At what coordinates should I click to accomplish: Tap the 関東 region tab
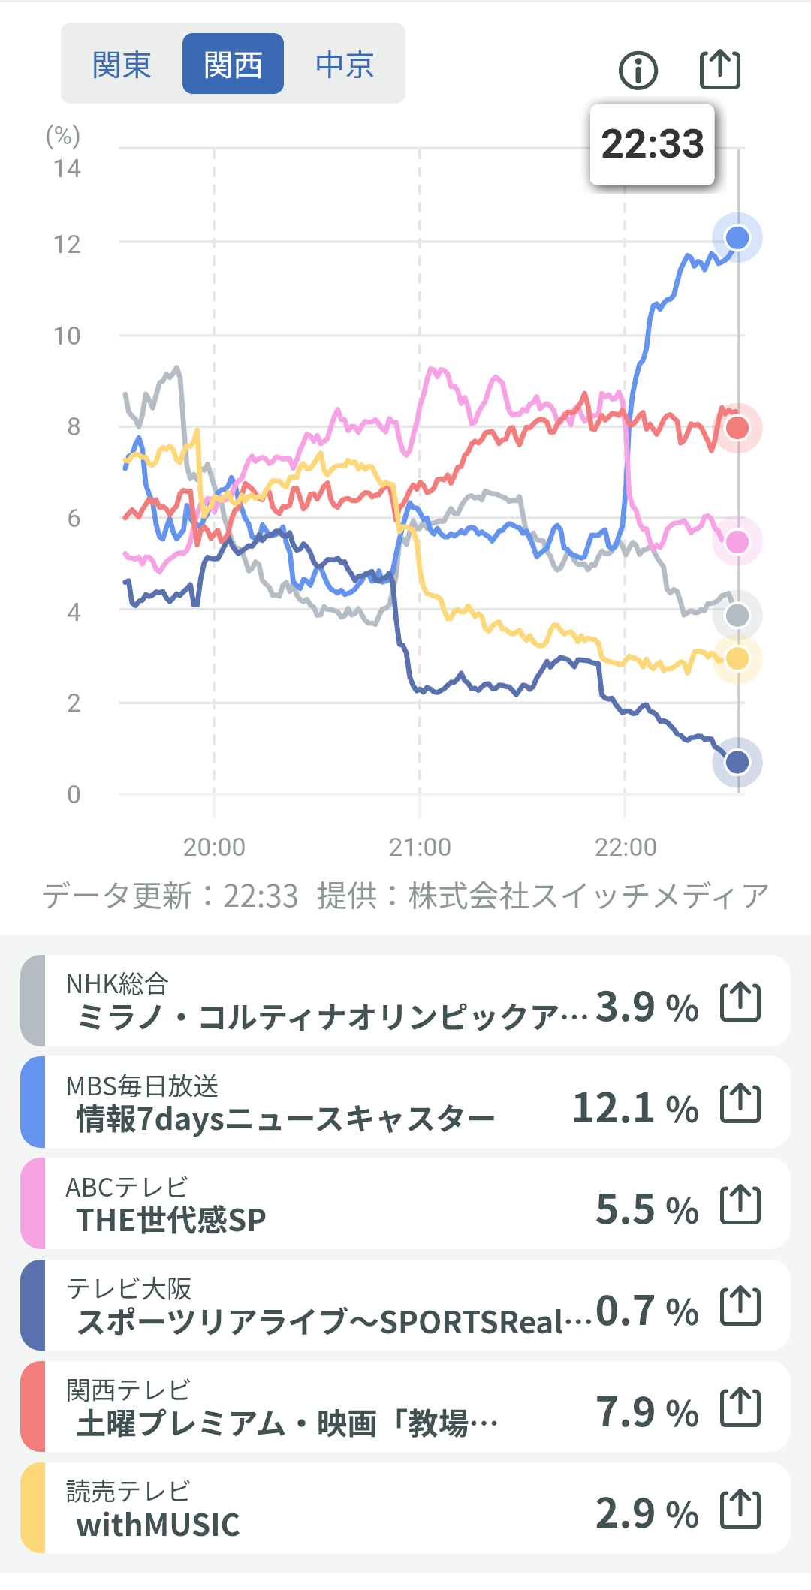(x=122, y=65)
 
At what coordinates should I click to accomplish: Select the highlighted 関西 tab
(x=233, y=65)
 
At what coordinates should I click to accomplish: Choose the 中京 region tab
(x=345, y=65)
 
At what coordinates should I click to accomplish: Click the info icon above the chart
(x=638, y=71)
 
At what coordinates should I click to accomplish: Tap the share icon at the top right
(x=719, y=70)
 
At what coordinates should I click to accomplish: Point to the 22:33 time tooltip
(x=652, y=144)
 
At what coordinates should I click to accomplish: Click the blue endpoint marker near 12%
(x=737, y=238)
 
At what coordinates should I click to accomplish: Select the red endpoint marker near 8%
(x=737, y=428)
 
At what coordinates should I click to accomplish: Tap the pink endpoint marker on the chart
(x=737, y=541)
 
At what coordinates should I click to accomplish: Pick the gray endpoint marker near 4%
(x=737, y=616)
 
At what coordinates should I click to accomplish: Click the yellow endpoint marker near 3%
(x=737, y=658)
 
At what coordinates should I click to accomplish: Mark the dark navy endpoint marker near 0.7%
(x=737, y=762)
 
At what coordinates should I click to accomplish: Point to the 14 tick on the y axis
(x=67, y=168)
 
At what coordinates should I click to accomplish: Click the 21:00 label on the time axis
(x=420, y=847)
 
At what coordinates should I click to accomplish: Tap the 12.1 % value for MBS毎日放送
(x=635, y=1108)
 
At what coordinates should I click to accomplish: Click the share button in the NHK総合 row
(x=740, y=1001)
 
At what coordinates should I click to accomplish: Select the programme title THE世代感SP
(x=171, y=1220)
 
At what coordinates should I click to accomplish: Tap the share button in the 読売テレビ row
(x=740, y=1509)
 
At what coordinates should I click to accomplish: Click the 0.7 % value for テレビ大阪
(x=647, y=1311)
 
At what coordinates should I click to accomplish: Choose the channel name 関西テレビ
(x=128, y=1390)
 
